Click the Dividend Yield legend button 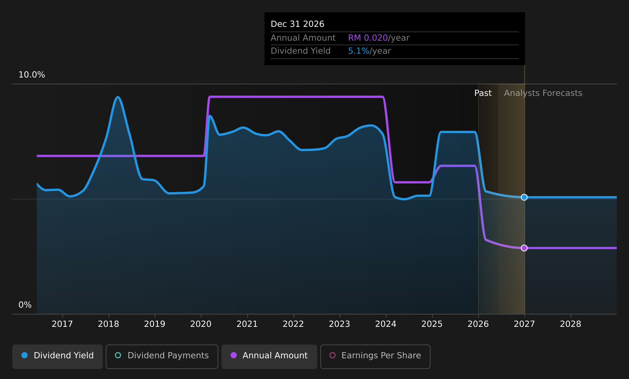[57, 356]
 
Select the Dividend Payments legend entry [162, 356]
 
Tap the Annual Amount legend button [269, 356]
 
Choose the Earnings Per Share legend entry [375, 356]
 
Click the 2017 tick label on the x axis [62, 324]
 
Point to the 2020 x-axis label [201, 324]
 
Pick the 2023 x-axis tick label [339, 324]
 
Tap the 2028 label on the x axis [571, 324]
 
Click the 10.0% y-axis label [32, 75]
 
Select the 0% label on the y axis [25, 305]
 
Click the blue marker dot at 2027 [524, 198]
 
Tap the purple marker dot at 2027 [524, 248]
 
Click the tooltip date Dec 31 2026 [297, 24]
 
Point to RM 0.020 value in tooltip [368, 38]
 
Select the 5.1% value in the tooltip [359, 51]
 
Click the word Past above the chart [483, 93]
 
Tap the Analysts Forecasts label [543, 93]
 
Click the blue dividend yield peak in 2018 [118, 97]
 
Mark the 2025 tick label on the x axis [432, 324]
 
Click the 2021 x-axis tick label [247, 324]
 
